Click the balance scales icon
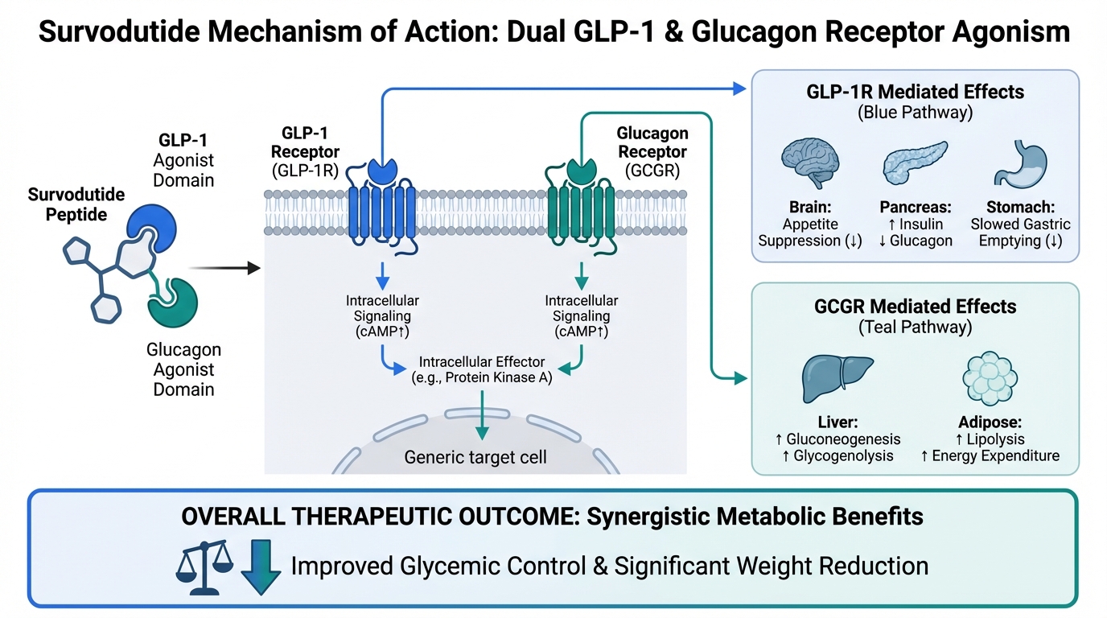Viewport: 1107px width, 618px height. (204, 566)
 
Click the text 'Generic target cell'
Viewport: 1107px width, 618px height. (475, 457)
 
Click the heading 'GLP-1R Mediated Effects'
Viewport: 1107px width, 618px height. (916, 91)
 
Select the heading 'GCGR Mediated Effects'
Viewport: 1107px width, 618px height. (914, 307)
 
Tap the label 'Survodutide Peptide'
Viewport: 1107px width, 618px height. (77, 204)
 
